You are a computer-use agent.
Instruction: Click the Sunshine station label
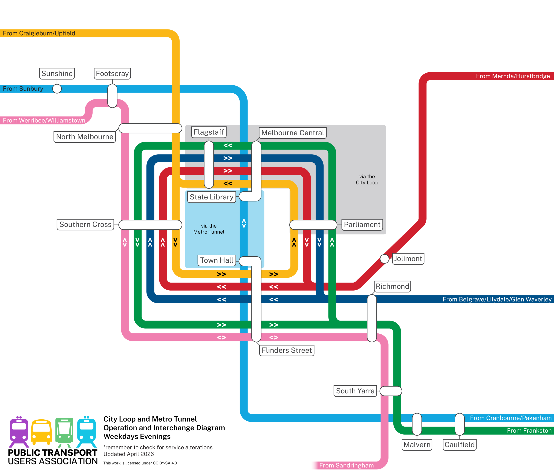57,74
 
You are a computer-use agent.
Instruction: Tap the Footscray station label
112,74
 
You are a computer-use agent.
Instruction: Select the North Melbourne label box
85,137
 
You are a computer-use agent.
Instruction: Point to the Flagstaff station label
209,132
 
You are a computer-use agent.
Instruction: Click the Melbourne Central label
293,133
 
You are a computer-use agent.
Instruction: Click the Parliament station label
362,225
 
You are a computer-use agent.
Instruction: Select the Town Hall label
217,260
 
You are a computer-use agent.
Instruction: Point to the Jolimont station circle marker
385,259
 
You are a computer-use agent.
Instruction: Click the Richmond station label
393,286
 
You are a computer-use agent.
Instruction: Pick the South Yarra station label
355,391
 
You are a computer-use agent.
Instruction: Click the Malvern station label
417,445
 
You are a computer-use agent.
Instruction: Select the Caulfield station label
460,445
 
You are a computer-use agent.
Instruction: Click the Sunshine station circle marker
57,89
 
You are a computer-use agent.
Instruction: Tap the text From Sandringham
346,465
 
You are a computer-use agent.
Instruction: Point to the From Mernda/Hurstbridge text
513,76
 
